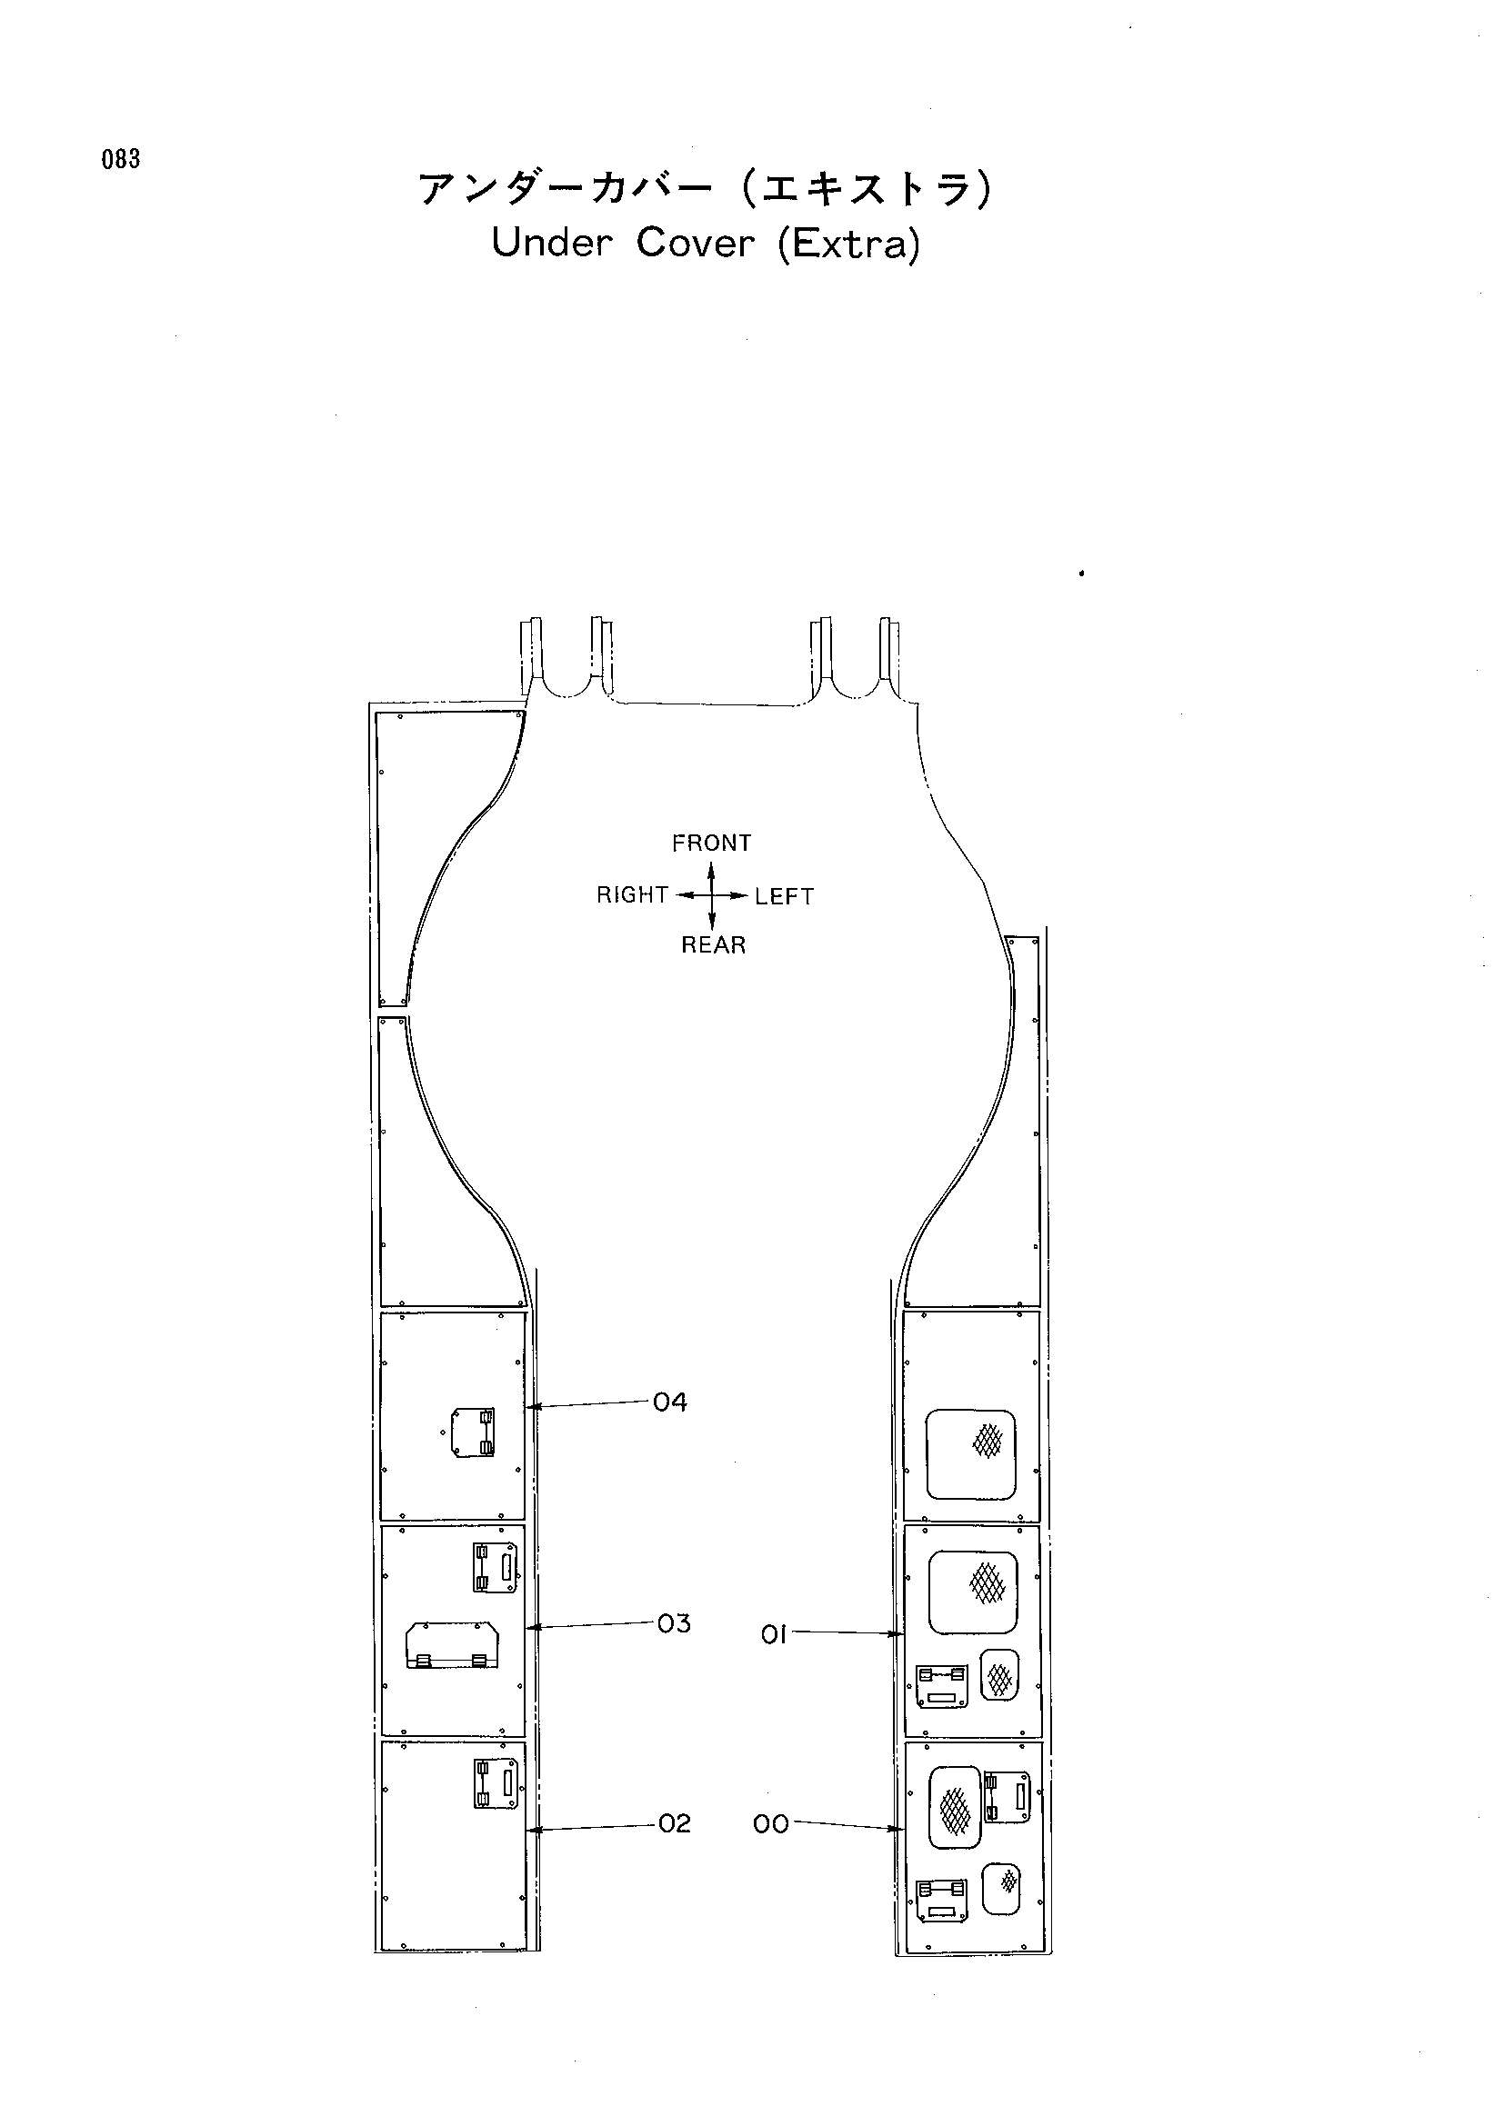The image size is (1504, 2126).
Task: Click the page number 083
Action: click(121, 159)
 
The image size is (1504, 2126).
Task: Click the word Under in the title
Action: click(551, 244)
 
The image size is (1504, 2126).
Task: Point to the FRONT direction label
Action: click(711, 843)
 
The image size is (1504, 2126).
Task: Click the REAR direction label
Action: click(713, 944)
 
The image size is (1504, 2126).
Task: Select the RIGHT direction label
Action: click(633, 894)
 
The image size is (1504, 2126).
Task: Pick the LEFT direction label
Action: click(785, 896)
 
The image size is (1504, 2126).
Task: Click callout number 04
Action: click(670, 1402)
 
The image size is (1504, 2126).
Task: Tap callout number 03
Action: click(674, 1623)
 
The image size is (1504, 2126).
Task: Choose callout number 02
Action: click(675, 1823)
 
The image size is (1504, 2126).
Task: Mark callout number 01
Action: click(773, 1635)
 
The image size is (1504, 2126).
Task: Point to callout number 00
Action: click(770, 1824)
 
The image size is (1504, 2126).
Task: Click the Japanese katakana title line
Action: click(706, 189)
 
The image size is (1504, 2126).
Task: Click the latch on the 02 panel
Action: click(496, 1782)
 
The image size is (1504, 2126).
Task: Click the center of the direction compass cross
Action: click(711, 895)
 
